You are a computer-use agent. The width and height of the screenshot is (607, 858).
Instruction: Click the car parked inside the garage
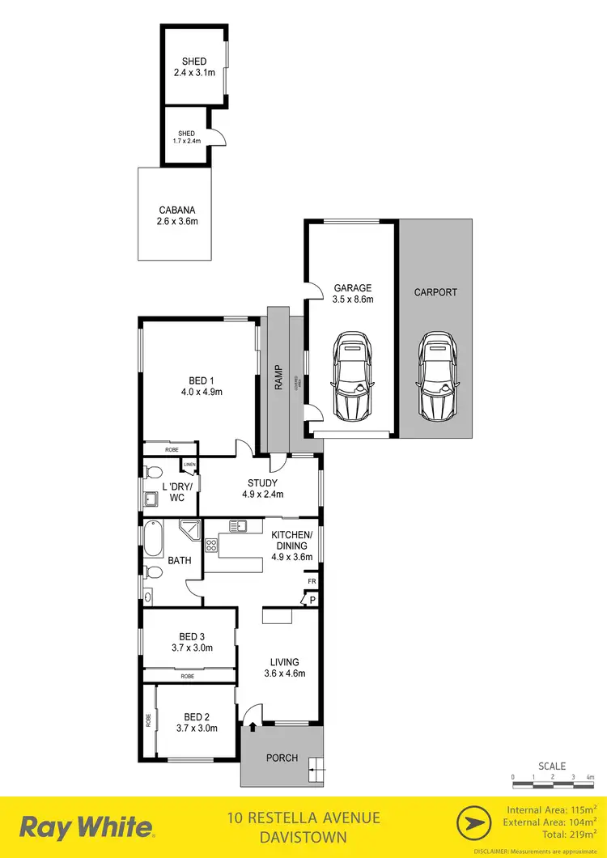352,376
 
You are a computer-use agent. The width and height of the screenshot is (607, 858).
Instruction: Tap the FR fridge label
311,582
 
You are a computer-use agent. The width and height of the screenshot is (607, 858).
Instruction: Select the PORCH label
282,758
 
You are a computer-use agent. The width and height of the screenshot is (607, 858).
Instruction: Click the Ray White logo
86,827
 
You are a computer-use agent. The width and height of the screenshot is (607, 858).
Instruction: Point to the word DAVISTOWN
303,837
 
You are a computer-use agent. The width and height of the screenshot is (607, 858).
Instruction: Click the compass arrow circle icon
476,826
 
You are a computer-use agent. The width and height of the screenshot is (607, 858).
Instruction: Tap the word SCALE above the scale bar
552,766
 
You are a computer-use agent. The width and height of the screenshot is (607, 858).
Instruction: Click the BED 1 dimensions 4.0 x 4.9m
202,392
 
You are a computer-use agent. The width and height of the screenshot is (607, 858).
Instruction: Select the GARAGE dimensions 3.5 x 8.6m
353,299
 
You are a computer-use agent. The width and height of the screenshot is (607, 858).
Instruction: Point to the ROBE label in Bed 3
188,676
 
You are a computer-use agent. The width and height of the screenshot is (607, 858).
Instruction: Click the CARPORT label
435,292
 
